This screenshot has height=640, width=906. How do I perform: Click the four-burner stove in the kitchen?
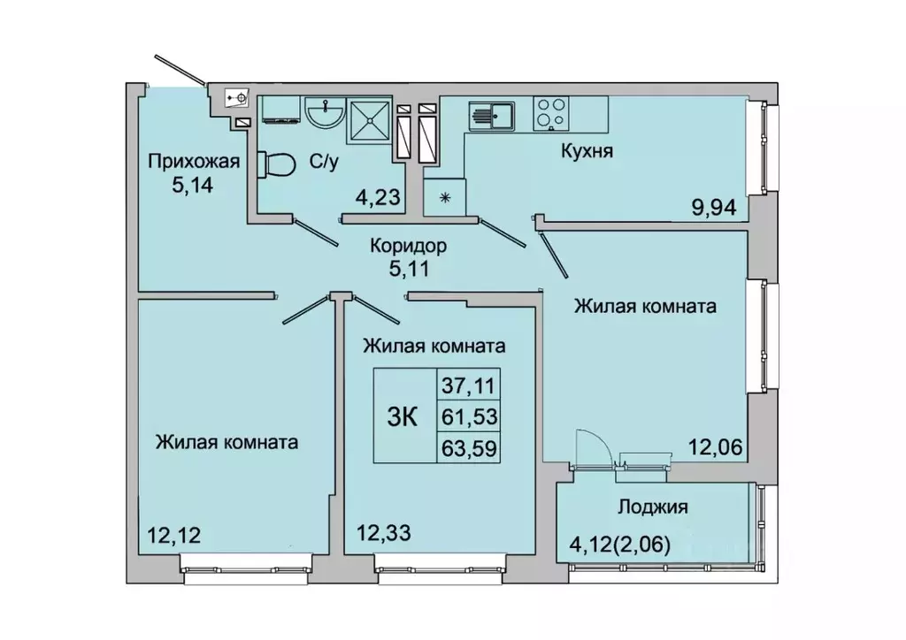click(552, 112)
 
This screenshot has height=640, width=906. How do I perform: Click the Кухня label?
click(587, 150)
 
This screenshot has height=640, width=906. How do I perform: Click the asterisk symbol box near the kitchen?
click(444, 196)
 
